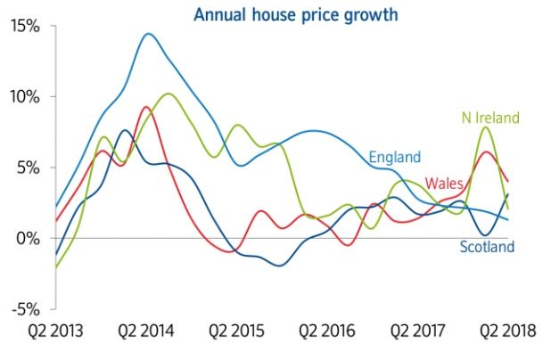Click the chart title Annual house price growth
pos(296,14)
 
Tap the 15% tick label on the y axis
pos(27,26)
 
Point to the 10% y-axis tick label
pos(27,96)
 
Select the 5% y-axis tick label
pos(30,168)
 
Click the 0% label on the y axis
pos(30,238)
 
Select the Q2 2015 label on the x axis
pos(236,331)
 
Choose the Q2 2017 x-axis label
pos(416,331)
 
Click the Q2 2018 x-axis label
pos(506,331)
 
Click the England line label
pos(394,159)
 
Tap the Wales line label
pos(443,184)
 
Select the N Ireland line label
pos(489,118)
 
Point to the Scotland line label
pos(487,247)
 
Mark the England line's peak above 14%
pos(148,34)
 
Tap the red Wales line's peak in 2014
pos(146,107)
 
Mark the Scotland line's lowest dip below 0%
pos(280,266)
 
